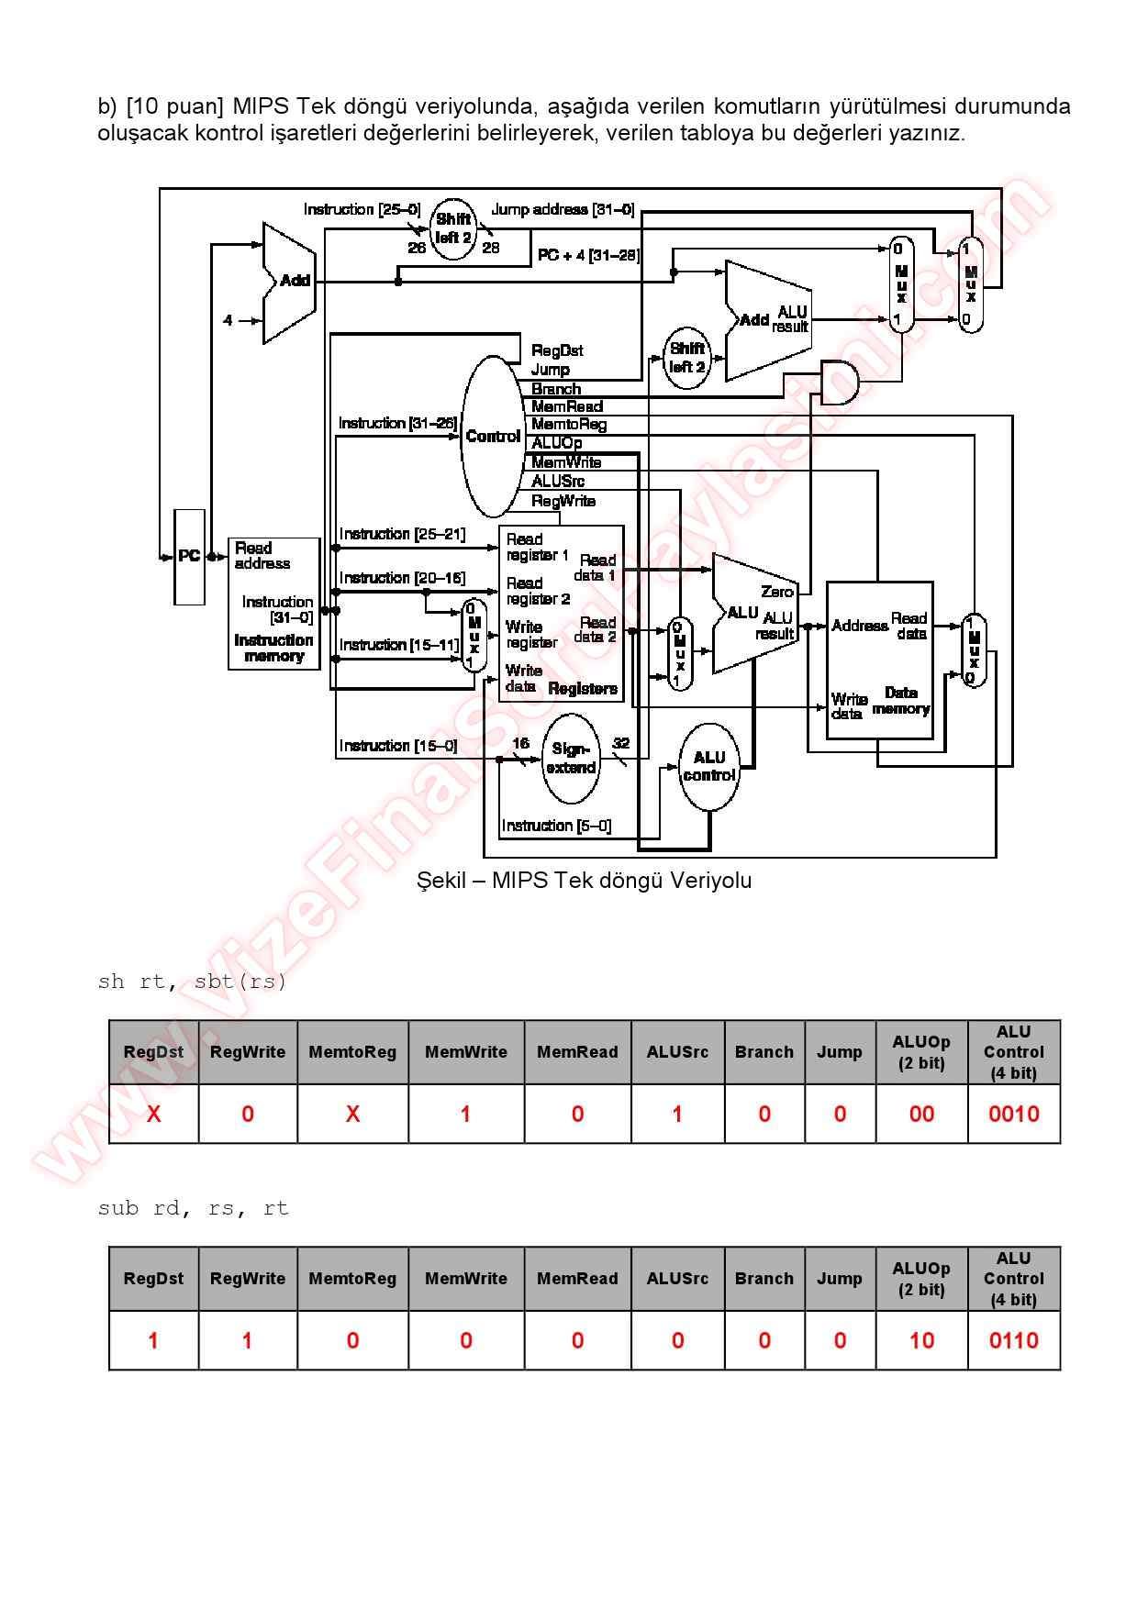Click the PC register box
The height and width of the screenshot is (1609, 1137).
189,557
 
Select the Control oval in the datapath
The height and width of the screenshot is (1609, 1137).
493,437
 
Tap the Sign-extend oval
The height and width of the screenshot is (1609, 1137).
571,759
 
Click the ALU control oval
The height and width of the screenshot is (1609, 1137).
709,767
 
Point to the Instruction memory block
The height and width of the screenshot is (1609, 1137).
273,604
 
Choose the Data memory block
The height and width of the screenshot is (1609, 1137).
879,660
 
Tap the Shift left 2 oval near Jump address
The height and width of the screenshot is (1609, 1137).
453,228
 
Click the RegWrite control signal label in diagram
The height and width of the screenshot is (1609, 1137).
563,501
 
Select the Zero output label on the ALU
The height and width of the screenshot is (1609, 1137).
776,592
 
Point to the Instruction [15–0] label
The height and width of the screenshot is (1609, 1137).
398,746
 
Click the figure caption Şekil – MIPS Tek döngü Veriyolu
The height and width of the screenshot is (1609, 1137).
584,881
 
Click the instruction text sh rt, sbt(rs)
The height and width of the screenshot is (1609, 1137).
192,982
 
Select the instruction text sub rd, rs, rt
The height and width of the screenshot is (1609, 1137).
193,1208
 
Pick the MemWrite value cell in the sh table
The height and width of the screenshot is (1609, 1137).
465,1115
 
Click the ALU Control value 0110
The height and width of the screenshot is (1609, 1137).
1013,1341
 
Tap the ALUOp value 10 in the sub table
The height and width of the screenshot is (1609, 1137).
921,1341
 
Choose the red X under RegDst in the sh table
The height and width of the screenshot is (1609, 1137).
153,1115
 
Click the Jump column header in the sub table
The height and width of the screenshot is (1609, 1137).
839,1279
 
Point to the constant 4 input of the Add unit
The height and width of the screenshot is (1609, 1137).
229,321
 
